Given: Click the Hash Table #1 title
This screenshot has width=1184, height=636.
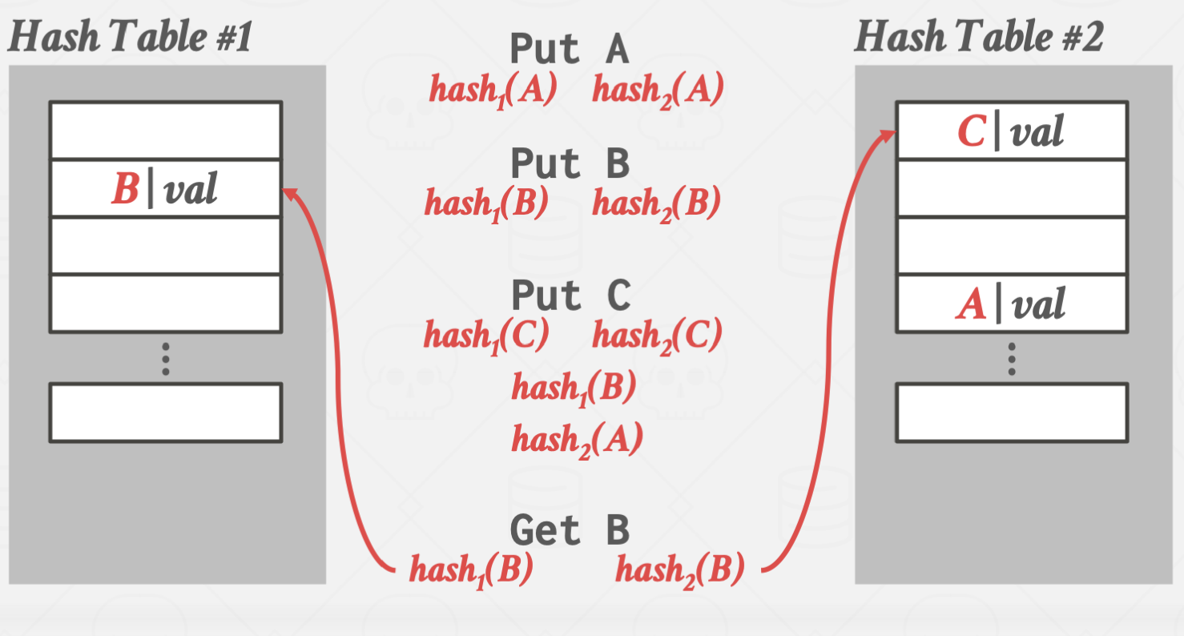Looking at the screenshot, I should click(130, 36).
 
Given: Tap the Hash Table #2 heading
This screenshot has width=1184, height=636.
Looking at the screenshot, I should click(978, 36).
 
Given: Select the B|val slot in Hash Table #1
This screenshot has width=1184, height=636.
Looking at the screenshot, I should click(165, 189).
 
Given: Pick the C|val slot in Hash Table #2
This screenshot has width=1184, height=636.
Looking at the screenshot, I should click(1011, 131).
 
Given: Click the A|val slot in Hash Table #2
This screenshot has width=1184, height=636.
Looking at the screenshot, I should click(1011, 304).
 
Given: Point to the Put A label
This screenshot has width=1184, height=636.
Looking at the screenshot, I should click(570, 50).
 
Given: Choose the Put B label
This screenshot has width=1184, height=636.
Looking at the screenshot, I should click(570, 164).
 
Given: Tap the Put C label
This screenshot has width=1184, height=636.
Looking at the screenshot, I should click(570, 296).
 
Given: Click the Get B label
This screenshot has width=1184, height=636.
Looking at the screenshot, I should click(570, 530).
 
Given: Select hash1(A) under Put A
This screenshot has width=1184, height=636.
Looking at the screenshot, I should click(493, 90).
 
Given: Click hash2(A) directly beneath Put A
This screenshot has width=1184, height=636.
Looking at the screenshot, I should click(658, 90).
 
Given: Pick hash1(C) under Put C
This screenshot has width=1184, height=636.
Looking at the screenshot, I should click(486, 335).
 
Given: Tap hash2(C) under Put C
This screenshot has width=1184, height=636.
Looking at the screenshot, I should click(657, 335).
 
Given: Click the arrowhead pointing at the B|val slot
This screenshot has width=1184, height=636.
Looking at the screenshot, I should click(289, 192).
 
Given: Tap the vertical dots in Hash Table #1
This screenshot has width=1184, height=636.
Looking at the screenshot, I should click(165, 359).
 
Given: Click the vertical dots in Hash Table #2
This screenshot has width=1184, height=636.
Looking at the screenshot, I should click(1011, 359).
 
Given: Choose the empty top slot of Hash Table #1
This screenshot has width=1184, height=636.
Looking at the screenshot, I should click(165, 130).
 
